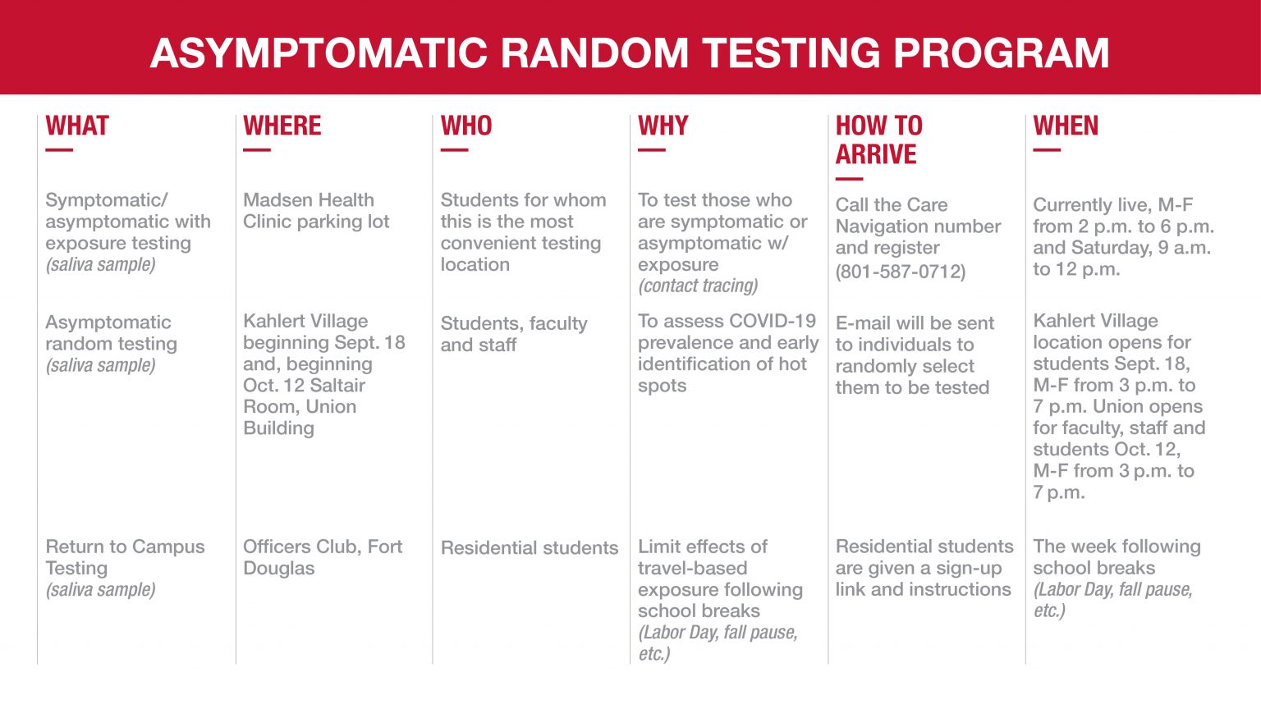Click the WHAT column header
click(x=77, y=126)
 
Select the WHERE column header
click(x=282, y=126)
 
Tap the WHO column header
click(x=466, y=126)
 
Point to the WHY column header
click(x=663, y=126)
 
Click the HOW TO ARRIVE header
click(x=878, y=140)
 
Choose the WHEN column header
click(x=1065, y=126)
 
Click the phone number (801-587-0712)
click(x=900, y=272)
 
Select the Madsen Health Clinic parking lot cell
click(x=316, y=211)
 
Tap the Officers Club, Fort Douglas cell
click(x=323, y=557)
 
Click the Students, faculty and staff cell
click(x=514, y=334)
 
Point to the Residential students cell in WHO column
click(x=530, y=548)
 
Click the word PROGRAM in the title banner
click(x=1001, y=53)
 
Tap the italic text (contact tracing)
click(x=698, y=286)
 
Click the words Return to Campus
click(x=125, y=547)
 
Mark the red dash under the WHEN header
click(x=1046, y=150)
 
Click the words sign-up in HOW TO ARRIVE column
click(x=969, y=568)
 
